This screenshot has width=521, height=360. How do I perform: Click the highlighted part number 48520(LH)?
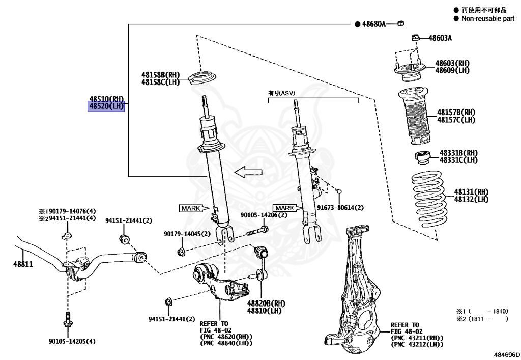point(106,106)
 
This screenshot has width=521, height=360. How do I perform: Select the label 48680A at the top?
point(373,24)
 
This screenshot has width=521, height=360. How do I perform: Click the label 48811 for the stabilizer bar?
point(22,264)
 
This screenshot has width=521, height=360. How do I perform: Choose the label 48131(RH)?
point(471,192)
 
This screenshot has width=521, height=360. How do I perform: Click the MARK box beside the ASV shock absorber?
point(284,208)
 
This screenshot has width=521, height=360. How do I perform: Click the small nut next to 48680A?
point(400,23)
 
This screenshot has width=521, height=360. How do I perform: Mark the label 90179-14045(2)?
point(187,234)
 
